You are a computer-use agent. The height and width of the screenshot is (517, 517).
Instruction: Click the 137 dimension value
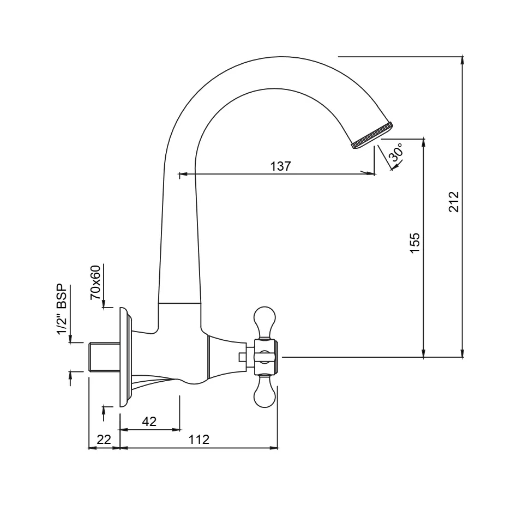pos(281,166)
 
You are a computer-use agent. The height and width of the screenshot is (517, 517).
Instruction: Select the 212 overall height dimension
pos(454,201)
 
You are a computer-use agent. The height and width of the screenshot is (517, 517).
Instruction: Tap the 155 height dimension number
pos(415,243)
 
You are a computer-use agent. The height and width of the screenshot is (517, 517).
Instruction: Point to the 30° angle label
pos(396,152)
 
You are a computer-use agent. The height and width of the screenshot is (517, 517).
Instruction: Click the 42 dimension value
pos(149,421)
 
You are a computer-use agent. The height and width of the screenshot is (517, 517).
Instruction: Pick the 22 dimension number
pos(104,439)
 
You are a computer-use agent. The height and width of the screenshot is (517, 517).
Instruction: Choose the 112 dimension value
pos(199,439)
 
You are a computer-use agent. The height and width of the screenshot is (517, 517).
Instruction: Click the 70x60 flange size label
pos(95,282)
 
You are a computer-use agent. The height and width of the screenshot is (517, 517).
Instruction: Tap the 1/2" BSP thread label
pos(62,309)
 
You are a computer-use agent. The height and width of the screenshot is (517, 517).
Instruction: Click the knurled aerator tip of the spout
pos(372,135)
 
